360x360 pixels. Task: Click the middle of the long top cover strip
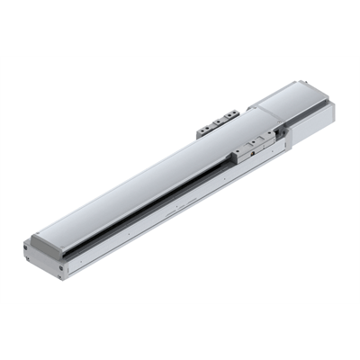(x=153, y=171)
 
